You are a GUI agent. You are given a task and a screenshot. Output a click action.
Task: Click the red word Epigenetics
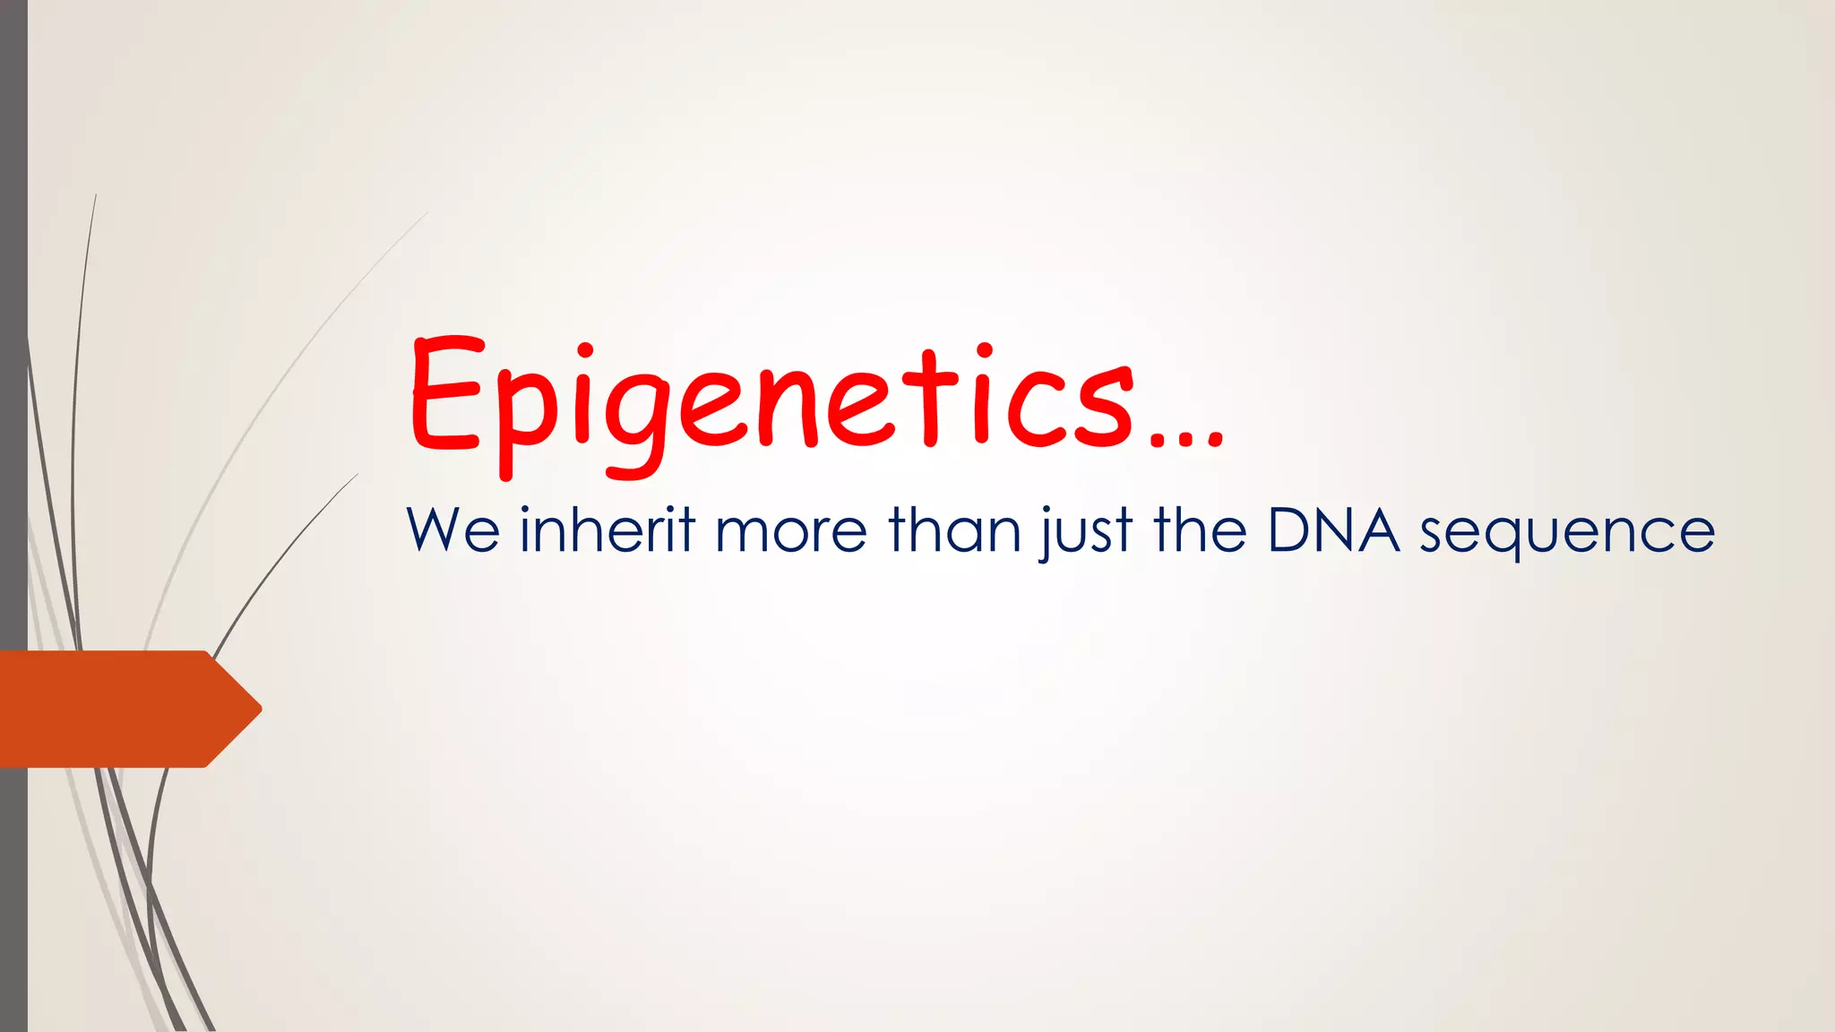[771, 399]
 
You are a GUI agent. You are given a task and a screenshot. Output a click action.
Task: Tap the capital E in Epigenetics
[446, 394]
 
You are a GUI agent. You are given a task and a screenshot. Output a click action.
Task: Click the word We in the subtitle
[452, 530]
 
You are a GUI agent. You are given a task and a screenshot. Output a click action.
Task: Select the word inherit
[607, 529]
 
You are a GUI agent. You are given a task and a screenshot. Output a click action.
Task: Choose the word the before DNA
[1200, 529]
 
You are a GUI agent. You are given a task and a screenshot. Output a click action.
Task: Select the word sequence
[1567, 534]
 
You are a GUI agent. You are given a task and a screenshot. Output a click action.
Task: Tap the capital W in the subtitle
[436, 529]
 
